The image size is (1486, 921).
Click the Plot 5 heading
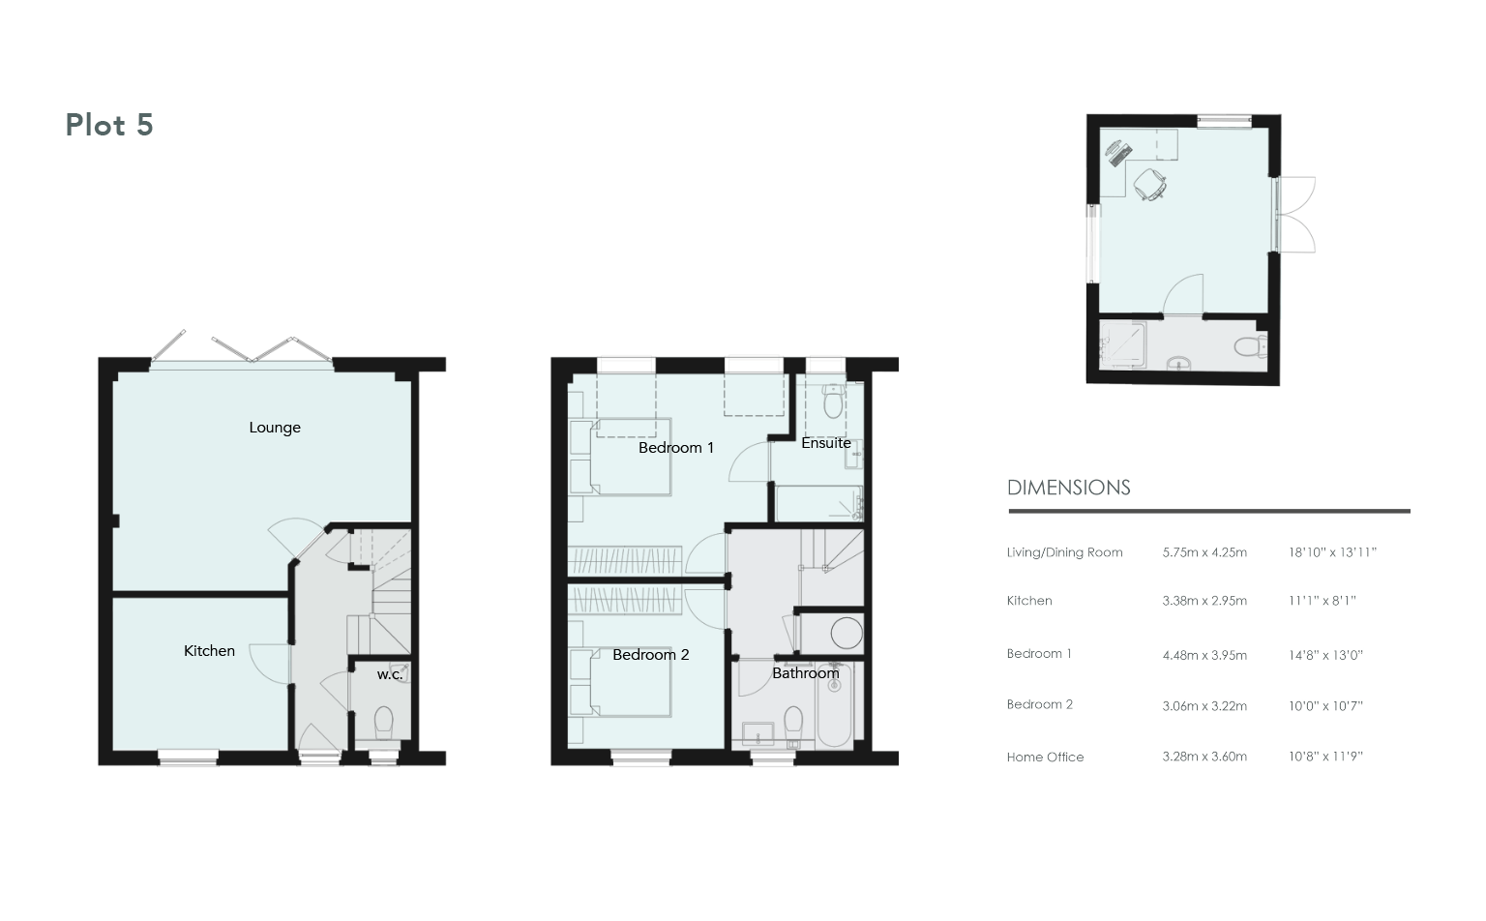click(109, 125)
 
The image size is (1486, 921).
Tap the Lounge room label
click(275, 428)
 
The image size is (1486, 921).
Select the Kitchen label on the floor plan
click(209, 651)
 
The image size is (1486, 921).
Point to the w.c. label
click(390, 675)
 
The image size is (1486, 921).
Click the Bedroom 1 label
click(676, 448)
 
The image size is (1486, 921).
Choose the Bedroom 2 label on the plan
click(651, 655)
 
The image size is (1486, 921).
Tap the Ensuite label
click(826, 442)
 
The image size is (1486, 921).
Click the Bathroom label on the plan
click(805, 672)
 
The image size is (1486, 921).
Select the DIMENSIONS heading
click(1069, 488)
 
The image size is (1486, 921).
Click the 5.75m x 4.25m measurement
click(1204, 552)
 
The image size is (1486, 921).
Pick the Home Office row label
click(1046, 758)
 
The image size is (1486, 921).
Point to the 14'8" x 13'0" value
click(1325, 655)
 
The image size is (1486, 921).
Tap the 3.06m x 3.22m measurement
click(1204, 706)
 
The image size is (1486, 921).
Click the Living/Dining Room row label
click(1065, 552)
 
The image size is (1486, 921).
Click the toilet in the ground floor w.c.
click(384, 723)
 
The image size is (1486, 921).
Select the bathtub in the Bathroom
click(835, 705)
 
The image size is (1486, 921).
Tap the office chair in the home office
click(1149, 184)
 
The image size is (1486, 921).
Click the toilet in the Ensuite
click(833, 401)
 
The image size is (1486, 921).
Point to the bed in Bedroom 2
click(630, 683)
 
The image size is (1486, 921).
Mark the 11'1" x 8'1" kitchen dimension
click(1323, 601)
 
